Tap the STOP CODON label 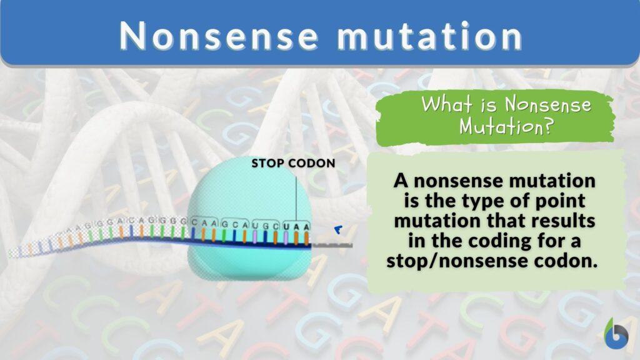(x=293, y=164)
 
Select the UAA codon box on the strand (x=297, y=224)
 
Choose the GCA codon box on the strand (x=234, y=222)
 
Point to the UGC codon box (x=265, y=223)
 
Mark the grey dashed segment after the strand (x=332, y=245)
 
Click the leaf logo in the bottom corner (x=616, y=334)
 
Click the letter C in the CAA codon (x=195, y=222)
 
